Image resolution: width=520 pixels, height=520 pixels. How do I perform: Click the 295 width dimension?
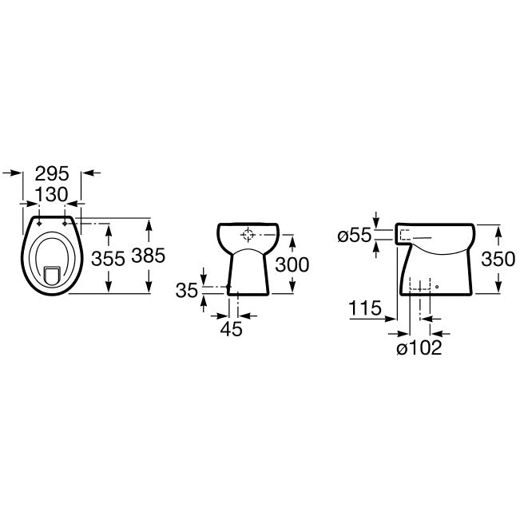point(52,173)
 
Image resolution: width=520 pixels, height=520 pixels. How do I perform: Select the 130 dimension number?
point(51,194)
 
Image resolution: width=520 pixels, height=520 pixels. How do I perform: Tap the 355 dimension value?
point(108,258)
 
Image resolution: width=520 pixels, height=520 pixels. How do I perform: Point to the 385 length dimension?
point(149,256)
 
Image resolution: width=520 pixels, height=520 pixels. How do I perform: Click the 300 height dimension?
point(292,264)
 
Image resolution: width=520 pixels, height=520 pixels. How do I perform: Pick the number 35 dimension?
point(187,291)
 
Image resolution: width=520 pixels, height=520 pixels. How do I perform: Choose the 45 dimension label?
point(232,329)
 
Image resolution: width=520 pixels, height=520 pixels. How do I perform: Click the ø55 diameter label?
point(355,236)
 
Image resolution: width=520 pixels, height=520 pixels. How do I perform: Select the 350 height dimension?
point(498,259)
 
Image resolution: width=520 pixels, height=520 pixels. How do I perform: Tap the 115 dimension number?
point(365,308)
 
